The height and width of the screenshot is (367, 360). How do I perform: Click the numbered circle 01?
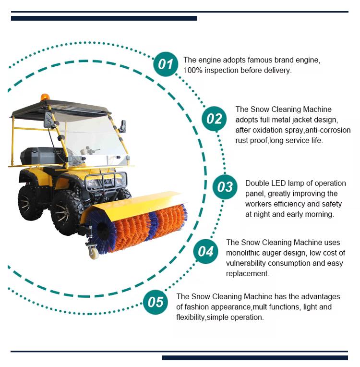(166, 64)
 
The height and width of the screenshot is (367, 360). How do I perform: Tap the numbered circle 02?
(214, 119)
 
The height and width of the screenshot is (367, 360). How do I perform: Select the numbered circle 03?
(225, 187)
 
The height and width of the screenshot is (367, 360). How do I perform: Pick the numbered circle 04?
(205, 251)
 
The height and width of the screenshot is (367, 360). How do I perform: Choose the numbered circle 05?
(156, 302)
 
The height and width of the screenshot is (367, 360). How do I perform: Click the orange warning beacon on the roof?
(45, 98)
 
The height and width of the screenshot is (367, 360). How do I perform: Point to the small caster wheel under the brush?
(94, 252)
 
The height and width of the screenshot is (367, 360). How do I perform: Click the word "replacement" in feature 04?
(247, 273)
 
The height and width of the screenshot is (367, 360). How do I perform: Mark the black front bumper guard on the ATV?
(106, 182)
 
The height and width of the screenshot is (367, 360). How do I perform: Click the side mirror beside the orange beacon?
(48, 120)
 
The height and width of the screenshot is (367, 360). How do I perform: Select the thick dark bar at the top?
(104, 18)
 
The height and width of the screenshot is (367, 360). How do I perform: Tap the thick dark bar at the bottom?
(255, 358)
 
